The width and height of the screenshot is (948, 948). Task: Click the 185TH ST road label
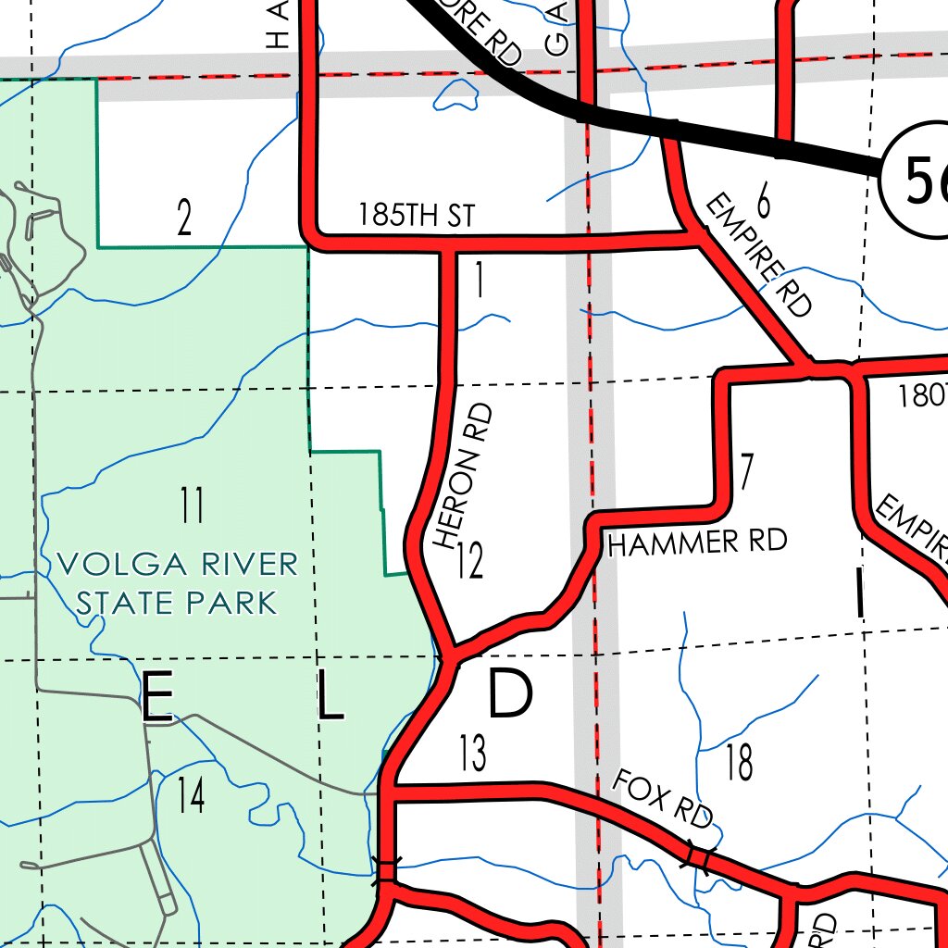tap(416, 216)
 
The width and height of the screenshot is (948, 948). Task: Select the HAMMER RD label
tap(697, 542)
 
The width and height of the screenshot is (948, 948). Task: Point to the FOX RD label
tap(663, 799)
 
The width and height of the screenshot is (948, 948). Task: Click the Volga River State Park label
tap(177, 582)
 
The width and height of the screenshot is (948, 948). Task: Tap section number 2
tap(184, 219)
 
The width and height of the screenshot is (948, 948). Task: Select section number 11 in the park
tap(192, 506)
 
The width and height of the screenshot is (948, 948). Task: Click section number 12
tap(470, 562)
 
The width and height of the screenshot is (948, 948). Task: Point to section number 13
tap(472, 755)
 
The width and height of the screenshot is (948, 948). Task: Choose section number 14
tap(191, 796)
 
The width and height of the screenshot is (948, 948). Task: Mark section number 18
tap(739, 764)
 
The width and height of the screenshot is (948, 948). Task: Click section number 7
tap(746, 471)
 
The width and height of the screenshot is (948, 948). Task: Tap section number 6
tap(763, 198)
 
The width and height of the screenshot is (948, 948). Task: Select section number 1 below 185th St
tap(479, 282)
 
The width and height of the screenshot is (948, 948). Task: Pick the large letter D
tap(510, 694)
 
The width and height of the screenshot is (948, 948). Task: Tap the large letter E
tap(156, 697)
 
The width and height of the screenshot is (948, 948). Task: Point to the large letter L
tap(330, 697)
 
